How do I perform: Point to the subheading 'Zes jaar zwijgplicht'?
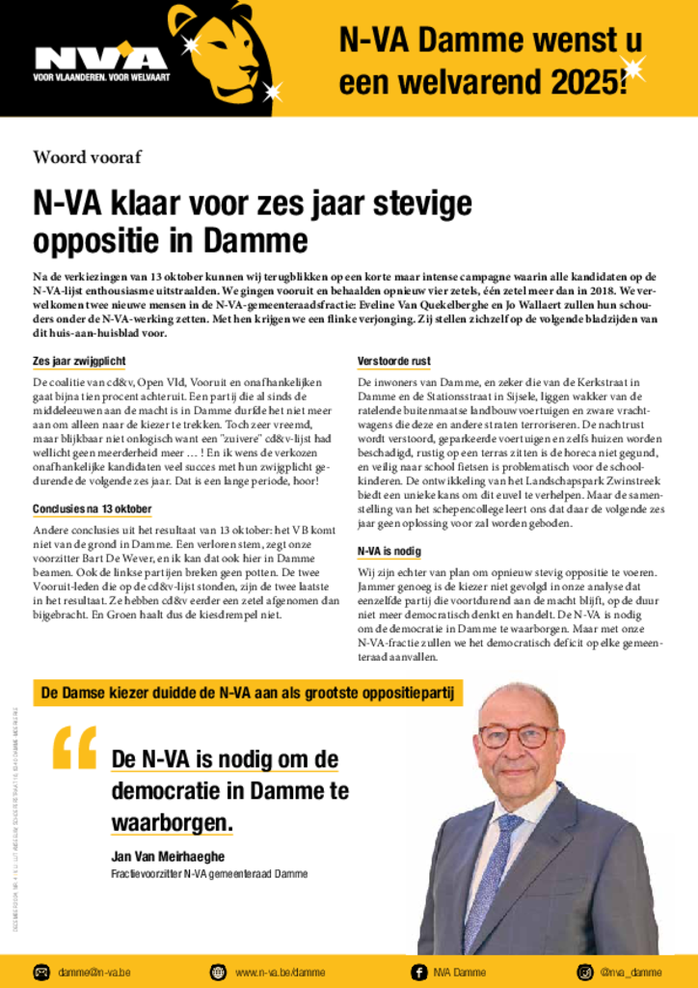point(79,361)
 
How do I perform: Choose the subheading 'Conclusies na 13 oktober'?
point(93,508)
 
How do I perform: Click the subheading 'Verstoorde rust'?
point(393,361)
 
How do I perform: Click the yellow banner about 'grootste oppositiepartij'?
point(249,692)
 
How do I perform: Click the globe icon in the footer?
point(218,971)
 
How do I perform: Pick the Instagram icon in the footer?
point(584,971)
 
